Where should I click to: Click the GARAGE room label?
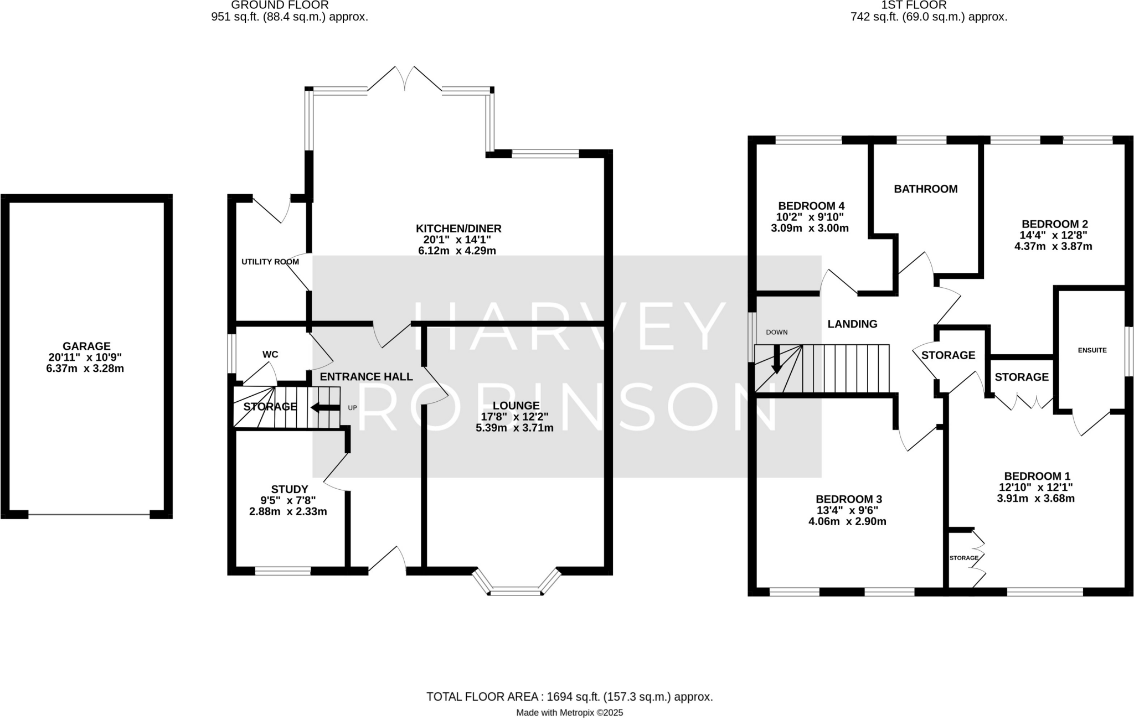point(86,346)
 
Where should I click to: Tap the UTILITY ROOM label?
point(270,262)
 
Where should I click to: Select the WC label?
point(270,354)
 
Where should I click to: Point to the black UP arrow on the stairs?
point(325,408)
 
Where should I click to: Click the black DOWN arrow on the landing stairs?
point(777,360)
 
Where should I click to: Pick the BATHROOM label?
point(925,189)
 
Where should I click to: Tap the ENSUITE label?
point(1092,350)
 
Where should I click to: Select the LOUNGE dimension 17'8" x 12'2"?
point(514,417)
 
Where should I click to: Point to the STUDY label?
point(290,489)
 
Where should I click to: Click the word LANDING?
point(852,324)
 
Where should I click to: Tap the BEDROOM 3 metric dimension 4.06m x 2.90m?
point(847,521)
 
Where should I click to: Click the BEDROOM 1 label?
point(1037,476)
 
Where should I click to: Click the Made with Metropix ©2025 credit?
point(569,713)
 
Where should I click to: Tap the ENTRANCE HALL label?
point(366,377)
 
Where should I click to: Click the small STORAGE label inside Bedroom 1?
point(963,558)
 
